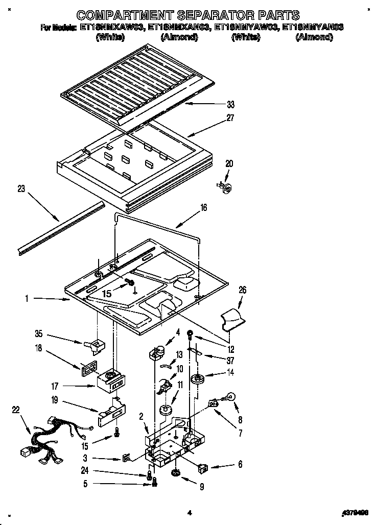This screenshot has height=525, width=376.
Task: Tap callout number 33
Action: (230, 105)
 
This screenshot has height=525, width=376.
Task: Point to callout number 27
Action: (230, 118)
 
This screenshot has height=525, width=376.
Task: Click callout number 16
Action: (204, 208)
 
